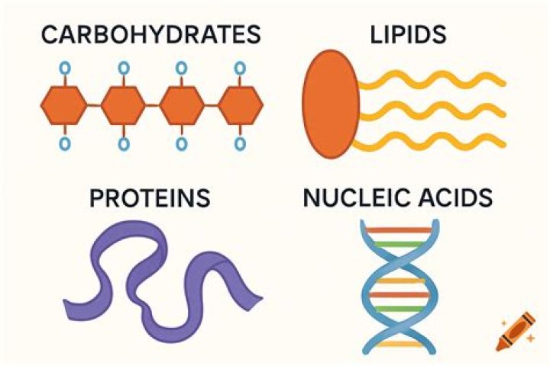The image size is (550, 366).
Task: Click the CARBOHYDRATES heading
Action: click(151, 34)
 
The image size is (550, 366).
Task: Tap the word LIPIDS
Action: click(408, 34)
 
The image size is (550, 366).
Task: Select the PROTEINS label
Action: click(150, 198)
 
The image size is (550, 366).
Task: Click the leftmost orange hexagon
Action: click(64, 105)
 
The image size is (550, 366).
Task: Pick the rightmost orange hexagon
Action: click(241, 105)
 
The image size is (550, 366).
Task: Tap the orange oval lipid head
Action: click(331, 104)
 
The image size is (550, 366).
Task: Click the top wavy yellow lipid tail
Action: click(432, 80)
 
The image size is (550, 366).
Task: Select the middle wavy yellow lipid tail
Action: click(432, 111)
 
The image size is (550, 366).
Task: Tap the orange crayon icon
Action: click(516, 332)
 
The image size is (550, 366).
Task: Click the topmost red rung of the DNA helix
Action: click(400, 230)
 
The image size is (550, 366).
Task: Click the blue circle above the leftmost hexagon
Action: click(64, 68)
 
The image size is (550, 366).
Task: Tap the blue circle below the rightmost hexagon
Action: click(240, 143)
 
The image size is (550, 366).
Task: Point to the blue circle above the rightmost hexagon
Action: click(240, 68)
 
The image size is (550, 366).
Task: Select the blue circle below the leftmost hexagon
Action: click(64, 143)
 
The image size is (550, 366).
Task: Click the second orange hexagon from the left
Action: click(123, 105)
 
